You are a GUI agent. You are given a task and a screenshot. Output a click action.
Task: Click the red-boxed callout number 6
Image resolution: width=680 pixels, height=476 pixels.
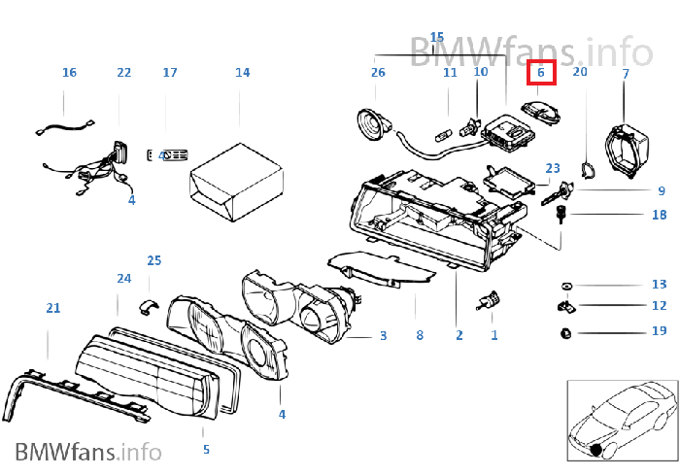541,73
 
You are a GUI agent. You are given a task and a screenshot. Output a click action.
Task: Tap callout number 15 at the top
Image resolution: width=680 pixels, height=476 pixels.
437,37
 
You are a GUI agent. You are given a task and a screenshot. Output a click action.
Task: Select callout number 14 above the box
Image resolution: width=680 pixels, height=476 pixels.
243,73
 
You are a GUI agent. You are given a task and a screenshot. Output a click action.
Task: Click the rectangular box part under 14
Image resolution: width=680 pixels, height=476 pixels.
236,183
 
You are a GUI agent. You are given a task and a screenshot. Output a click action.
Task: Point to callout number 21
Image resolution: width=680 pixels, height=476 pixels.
53,308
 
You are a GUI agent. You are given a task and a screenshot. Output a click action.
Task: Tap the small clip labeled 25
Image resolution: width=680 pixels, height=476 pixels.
149,305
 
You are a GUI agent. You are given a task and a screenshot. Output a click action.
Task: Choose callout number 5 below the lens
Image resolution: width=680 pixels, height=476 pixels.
206,450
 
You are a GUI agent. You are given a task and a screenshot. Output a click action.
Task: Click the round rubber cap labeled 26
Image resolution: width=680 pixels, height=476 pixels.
374,125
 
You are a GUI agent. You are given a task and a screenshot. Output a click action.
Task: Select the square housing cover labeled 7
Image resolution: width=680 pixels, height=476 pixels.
628,150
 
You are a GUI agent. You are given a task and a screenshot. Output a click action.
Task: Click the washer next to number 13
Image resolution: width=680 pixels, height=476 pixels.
566,286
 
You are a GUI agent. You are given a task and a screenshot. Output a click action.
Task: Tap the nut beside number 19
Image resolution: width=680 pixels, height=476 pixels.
566,333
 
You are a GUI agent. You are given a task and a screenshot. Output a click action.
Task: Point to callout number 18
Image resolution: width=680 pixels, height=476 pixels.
660,215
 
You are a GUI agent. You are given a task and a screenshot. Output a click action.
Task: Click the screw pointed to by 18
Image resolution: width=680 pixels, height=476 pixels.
561,215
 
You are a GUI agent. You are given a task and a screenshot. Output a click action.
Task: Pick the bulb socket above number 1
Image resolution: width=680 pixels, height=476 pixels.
490,300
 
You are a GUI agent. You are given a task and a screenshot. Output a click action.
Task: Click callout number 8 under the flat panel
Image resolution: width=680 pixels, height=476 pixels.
420,335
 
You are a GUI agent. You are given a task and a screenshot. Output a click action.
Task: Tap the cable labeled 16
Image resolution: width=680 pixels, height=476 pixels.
65,128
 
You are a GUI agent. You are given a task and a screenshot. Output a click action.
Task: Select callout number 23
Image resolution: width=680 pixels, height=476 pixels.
553,168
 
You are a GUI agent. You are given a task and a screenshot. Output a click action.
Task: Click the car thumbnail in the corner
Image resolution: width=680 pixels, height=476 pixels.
623,421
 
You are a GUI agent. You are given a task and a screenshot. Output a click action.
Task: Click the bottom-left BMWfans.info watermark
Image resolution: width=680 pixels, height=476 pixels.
88,452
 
